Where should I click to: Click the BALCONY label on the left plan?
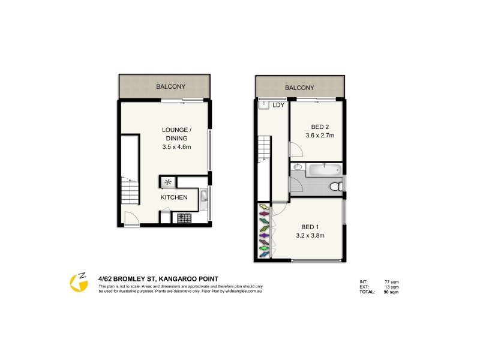pyautogui.click(x=170, y=87)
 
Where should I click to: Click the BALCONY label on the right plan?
pyautogui.click(x=299, y=88)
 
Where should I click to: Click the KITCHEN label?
pyautogui.click(x=173, y=197)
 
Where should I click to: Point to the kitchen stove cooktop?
pyautogui.click(x=184, y=218)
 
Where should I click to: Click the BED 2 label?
pyautogui.click(x=319, y=127)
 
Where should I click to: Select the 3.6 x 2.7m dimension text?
pyautogui.click(x=319, y=136)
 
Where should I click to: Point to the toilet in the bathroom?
pyautogui.click(x=338, y=187)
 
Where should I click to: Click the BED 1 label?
pyautogui.click(x=309, y=227)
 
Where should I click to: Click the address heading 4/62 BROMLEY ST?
pyautogui.click(x=158, y=278)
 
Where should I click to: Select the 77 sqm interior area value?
pyautogui.click(x=391, y=281)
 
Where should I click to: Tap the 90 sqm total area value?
pyautogui.click(x=391, y=292)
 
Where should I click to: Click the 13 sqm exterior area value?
pyautogui.click(x=391, y=287)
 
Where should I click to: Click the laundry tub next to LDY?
pyautogui.click(x=263, y=105)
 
